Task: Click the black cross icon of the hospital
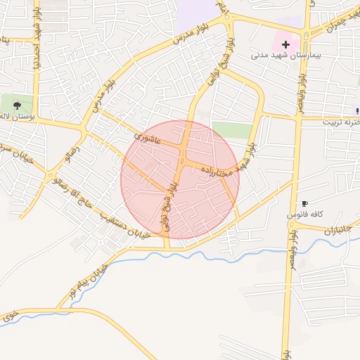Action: point(286,44)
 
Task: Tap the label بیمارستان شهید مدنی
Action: point(287,54)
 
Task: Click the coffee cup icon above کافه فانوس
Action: point(304,202)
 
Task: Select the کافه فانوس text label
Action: point(305,212)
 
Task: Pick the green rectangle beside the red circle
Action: point(231,129)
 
